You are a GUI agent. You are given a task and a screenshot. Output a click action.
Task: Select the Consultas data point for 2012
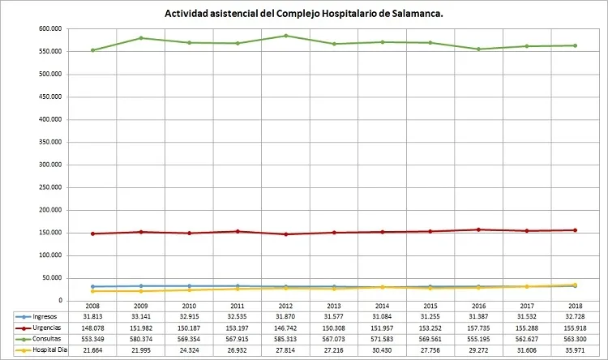(283, 36)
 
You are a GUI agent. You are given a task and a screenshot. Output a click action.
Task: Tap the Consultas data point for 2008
(92, 50)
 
